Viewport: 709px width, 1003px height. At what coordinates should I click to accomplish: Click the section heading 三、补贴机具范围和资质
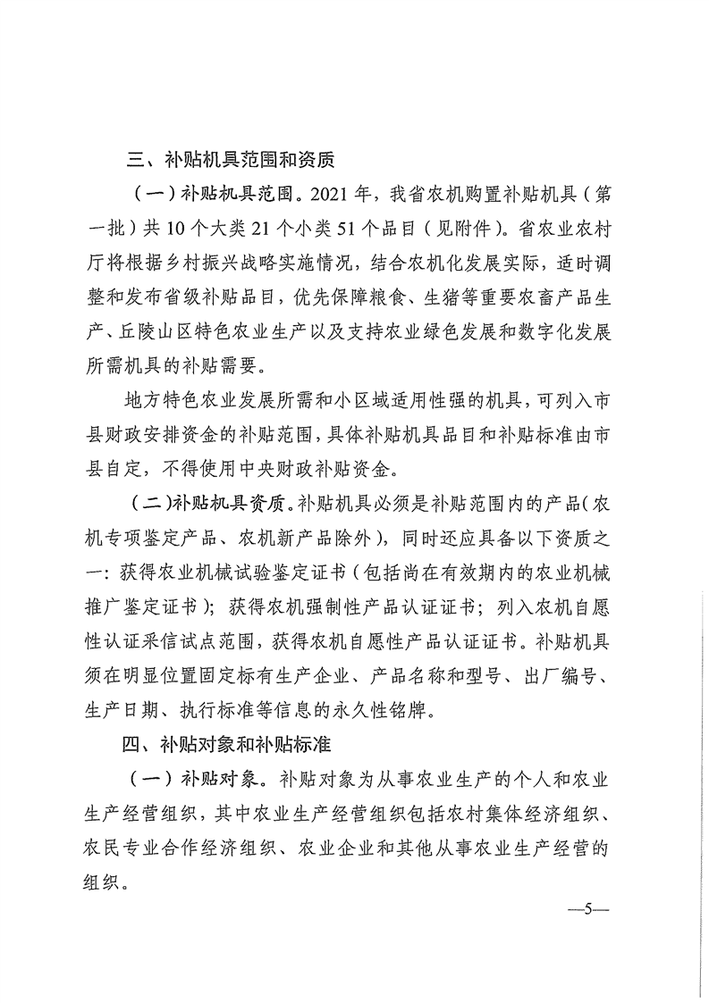click(x=230, y=161)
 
